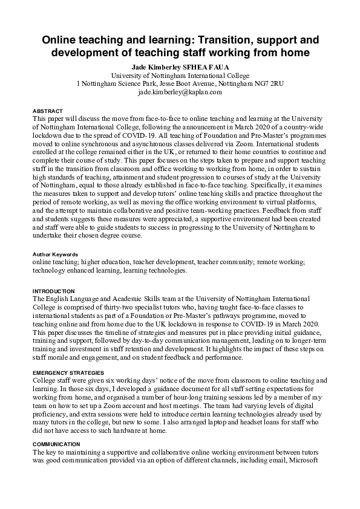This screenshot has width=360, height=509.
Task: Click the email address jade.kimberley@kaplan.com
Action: (x=180, y=92)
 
